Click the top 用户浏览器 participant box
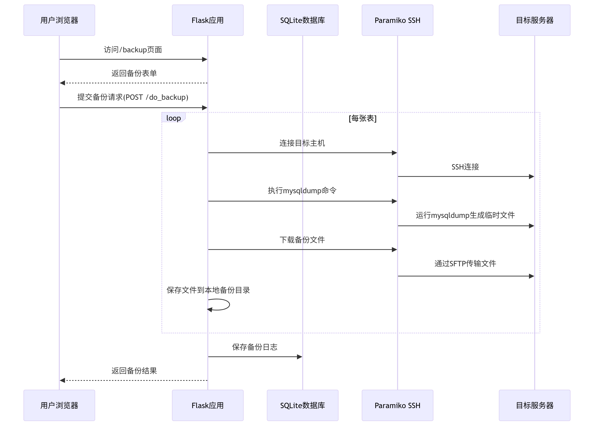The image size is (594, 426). pos(59,20)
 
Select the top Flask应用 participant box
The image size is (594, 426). pos(207,20)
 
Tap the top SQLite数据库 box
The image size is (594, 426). pos(303,20)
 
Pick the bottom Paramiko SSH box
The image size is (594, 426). pos(397,405)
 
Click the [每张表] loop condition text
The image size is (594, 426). pos(362,118)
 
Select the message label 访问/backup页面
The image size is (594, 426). pos(133,50)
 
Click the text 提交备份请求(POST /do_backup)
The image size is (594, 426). pos(133,97)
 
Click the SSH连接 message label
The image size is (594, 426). pos(465,167)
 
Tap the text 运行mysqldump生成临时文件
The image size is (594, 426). pos(465,215)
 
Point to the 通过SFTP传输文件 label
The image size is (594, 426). pos(465,263)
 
